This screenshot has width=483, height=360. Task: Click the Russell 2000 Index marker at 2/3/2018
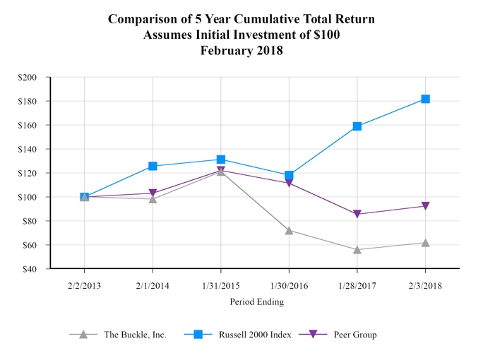[x=426, y=99]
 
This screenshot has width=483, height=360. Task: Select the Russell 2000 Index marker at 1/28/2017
[x=357, y=126]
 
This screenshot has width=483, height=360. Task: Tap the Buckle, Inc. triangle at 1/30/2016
[x=289, y=230]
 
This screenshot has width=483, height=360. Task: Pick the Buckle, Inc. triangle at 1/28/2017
[x=357, y=249]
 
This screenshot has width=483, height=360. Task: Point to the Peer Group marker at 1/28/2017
[x=357, y=214]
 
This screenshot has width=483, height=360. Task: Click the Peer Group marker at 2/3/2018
[x=426, y=206]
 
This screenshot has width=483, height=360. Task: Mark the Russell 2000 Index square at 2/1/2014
[x=153, y=166]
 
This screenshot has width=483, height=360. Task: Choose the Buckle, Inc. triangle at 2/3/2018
[x=426, y=242]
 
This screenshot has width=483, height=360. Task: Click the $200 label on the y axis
[x=29, y=77]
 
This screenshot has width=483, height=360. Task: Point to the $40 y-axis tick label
[x=31, y=269]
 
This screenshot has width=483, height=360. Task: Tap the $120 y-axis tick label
[x=29, y=173]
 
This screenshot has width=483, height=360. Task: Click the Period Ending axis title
[x=256, y=301]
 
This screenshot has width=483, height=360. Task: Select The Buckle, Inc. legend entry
[x=134, y=335]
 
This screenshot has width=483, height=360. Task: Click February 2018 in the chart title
[x=241, y=50]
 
